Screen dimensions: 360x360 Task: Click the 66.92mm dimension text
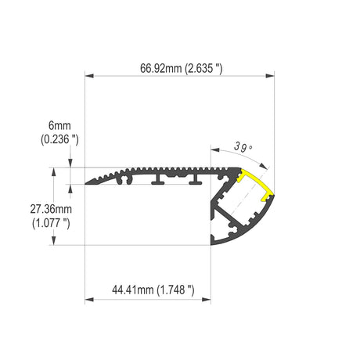pyautogui.click(x=160, y=69)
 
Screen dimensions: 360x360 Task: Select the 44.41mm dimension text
pyautogui.click(x=132, y=290)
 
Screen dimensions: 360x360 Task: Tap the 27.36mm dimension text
pyautogui.click(x=51, y=209)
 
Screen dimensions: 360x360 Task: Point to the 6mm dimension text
pyautogui.click(x=59, y=126)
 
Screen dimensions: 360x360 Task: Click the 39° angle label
pyautogui.click(x=243, y=147)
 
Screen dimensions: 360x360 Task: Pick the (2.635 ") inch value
pyautogui.click(x=203, y=69)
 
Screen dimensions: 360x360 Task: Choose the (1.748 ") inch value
pyautogui.click(x=175, y=290)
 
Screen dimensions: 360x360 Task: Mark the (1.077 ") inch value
pyautogui.click(x=51, y=223)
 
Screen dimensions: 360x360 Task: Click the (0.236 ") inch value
pyautogui.click(x=59, y=139)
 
